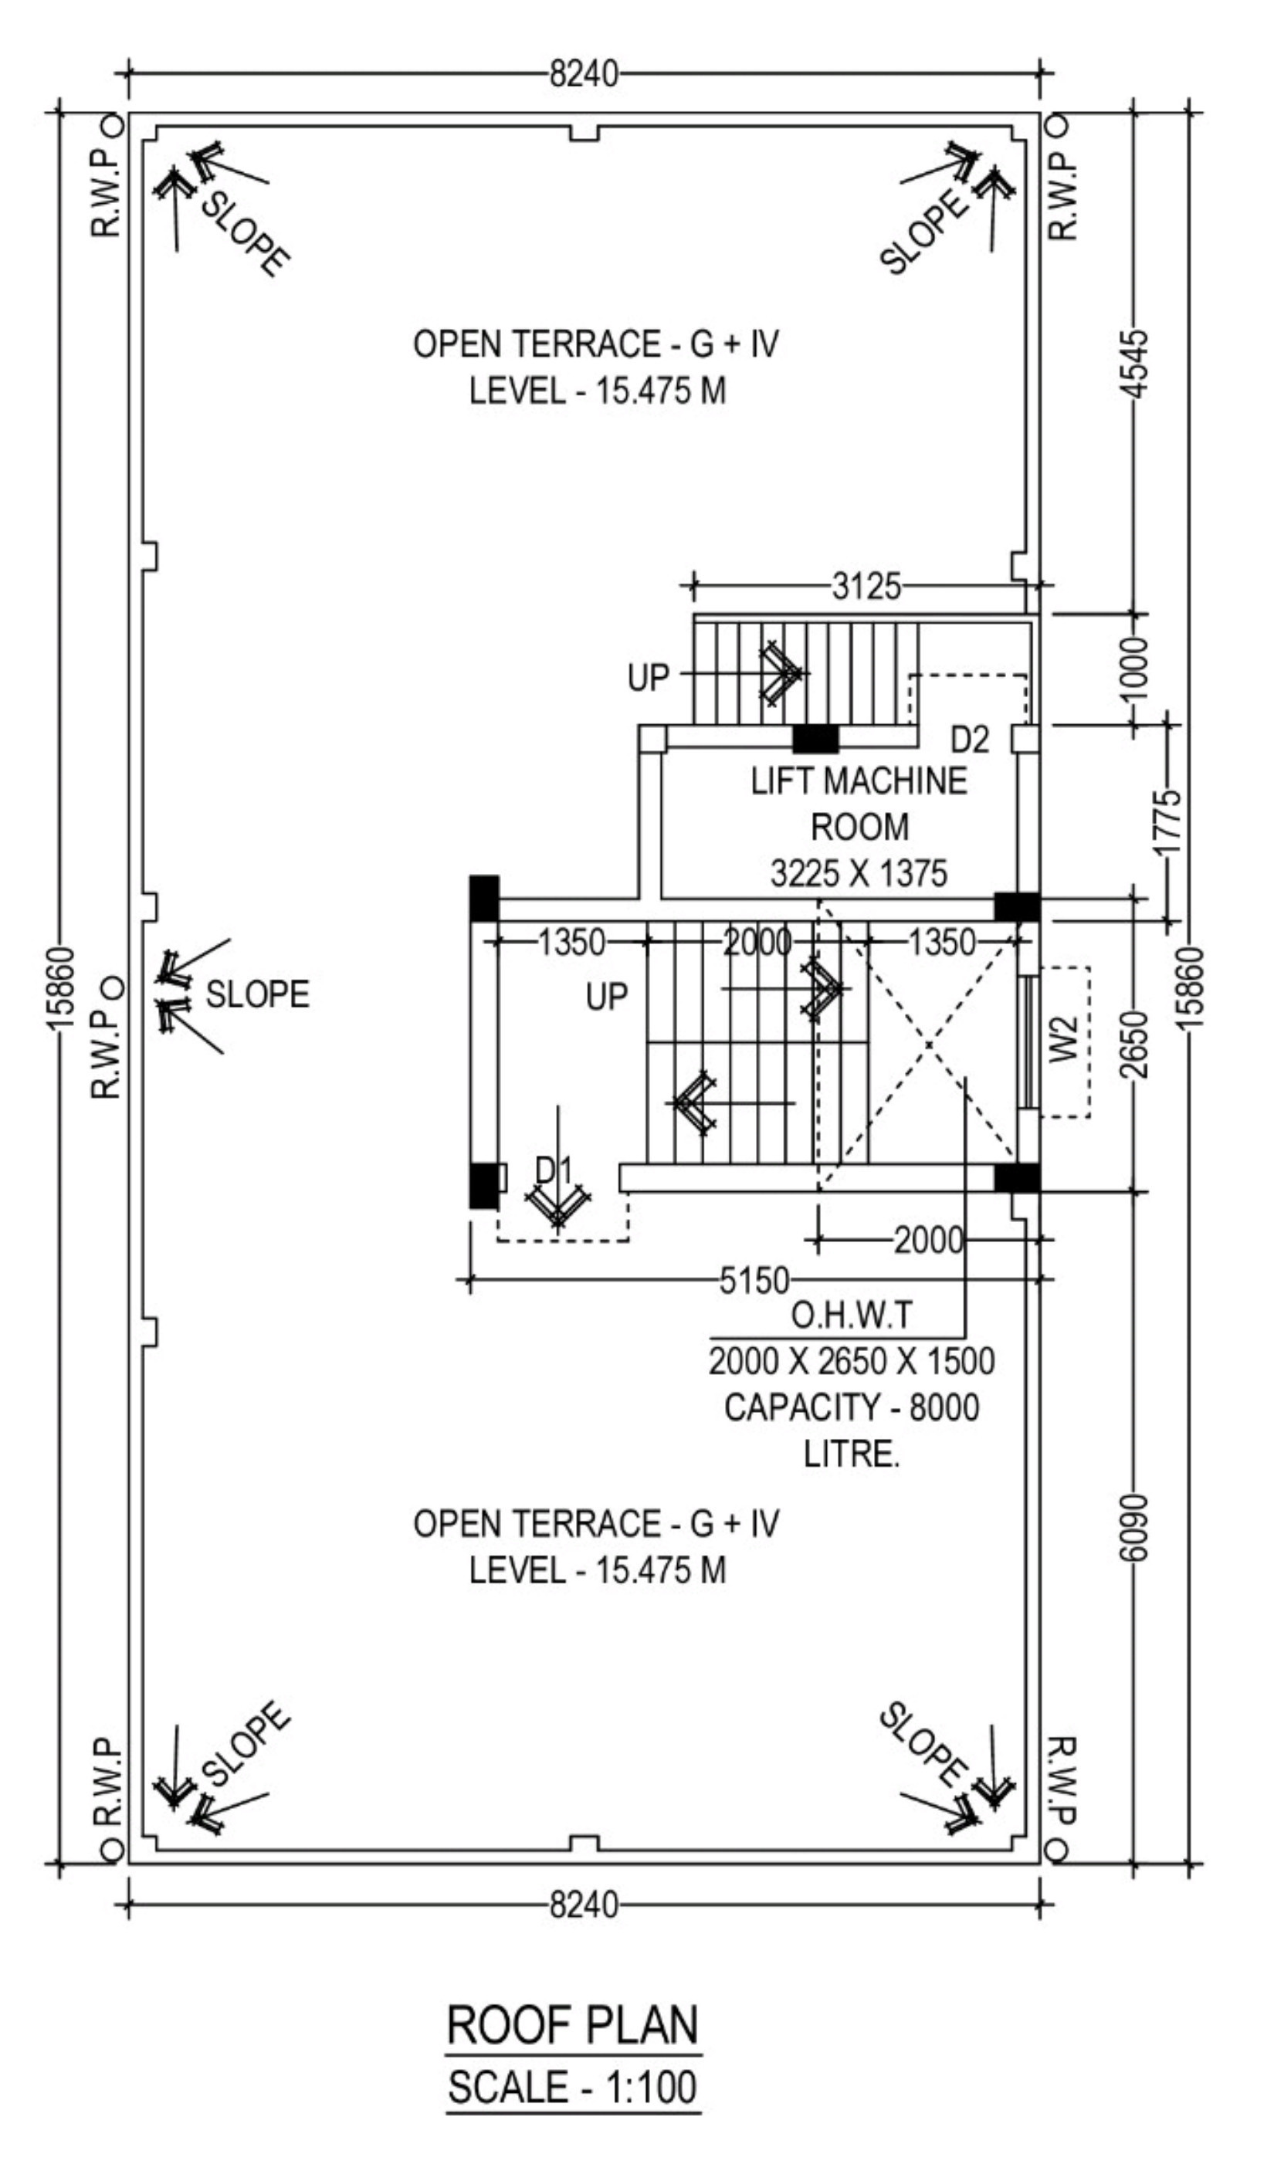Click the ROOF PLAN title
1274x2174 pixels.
pos(573,2025)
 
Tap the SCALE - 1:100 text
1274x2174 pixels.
pos(573,2088)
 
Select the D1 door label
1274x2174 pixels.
pos(554,1170)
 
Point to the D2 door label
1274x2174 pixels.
pos(970,740)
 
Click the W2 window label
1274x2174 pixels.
pos(1066,1040)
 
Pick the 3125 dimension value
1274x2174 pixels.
pos(866,588)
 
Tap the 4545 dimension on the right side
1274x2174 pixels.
pos(1137,363)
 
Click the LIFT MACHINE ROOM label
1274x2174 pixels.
pos(859,804)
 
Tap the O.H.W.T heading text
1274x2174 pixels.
pos(850,1316)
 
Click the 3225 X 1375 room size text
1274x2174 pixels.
pos(859,874)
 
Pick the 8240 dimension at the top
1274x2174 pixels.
pos(584,75)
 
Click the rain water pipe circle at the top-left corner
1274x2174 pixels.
pos(112,125)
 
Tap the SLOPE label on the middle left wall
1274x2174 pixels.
pos(257,994)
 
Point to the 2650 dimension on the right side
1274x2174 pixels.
pos(1137,1045)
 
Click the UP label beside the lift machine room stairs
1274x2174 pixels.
pos(648,678)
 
